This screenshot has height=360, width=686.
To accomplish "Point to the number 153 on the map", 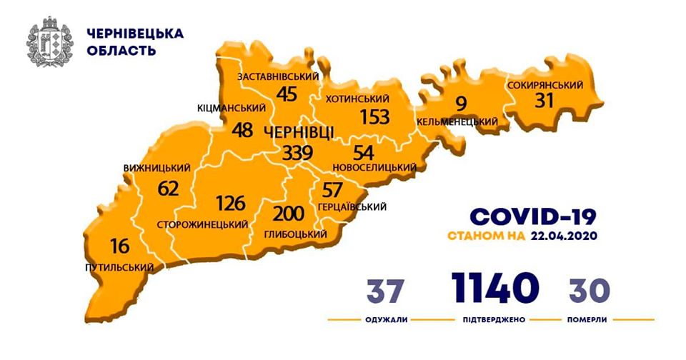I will coord(374,117).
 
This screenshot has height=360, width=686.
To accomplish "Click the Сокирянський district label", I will coord(545,86).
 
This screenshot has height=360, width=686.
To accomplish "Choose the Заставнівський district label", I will coord(277,77).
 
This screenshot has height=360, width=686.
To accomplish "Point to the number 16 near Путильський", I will coord(119,247).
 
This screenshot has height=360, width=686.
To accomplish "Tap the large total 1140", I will coord(494,287).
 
